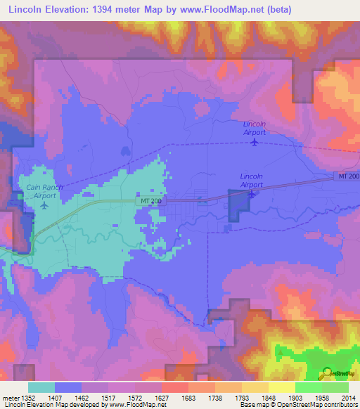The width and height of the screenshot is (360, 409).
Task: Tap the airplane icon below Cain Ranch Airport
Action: coord(45,206)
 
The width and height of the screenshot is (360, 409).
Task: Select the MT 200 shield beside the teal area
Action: coord(148,201)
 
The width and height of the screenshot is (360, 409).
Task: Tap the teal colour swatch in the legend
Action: coord(41,387)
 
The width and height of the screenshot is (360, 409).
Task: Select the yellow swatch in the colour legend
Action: coord(281,387)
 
